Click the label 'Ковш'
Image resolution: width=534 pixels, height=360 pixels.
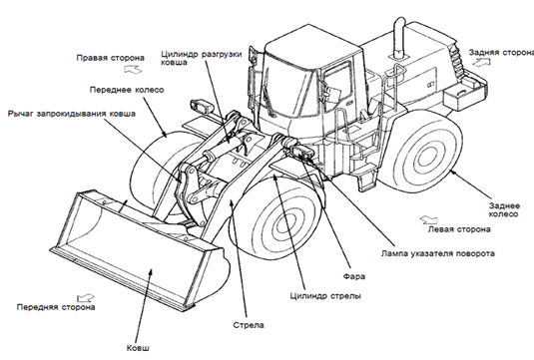[x=138, y=348]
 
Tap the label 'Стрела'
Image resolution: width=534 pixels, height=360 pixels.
[x=249, y=325]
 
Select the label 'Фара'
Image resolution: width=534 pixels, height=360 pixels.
[x=354, y=276]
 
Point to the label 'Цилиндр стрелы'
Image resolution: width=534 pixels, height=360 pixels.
[x=325, y=296]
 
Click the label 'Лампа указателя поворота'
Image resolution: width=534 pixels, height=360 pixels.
[x=437, y=253]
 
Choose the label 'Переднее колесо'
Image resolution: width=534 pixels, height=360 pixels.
[x=127, y=90]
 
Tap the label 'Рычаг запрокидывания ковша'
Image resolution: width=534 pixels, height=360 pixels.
[x=72, y=114]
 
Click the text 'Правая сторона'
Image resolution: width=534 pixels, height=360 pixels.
[x=111, y=58]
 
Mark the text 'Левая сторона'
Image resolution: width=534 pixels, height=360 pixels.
[x=459, y=229]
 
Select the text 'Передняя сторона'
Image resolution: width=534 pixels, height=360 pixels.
[x=56, y=307]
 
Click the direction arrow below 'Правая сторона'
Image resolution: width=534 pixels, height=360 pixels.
[x=133, y=69]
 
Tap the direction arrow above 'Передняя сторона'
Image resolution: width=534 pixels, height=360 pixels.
[x=85, y=298]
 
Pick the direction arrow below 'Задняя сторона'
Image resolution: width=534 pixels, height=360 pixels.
[x=481, y=62]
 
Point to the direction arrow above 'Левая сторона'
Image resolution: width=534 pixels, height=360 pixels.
[x=428, y=219]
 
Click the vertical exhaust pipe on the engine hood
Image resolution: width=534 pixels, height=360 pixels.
[x=399, y=38]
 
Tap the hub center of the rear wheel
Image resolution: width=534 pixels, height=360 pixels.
[x=424, y=157]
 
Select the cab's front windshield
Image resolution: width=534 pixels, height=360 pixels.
[x=287, y=90]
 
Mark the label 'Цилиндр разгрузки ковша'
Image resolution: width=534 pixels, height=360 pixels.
[x=202, y=58]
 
